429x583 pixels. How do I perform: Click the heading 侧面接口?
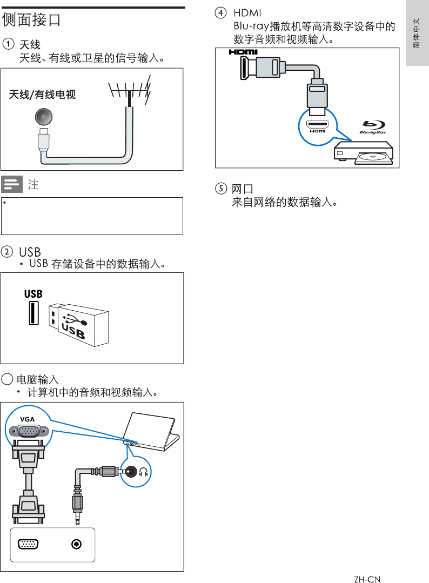click(31, 20)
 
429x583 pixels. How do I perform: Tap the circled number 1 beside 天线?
click(8, 44)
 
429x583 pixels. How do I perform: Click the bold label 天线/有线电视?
click(42, 95)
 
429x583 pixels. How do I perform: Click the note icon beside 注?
click(11, 184)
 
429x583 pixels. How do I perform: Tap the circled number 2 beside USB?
click(8, 252)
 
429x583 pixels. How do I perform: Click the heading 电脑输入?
click(37, 379)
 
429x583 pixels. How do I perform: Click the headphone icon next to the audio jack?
click(144, 472)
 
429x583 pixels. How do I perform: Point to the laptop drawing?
click(153, 433)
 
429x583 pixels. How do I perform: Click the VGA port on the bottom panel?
click(28, 544)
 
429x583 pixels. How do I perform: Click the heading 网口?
click(243, 189)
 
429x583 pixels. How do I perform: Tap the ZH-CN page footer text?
click(367, 579)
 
